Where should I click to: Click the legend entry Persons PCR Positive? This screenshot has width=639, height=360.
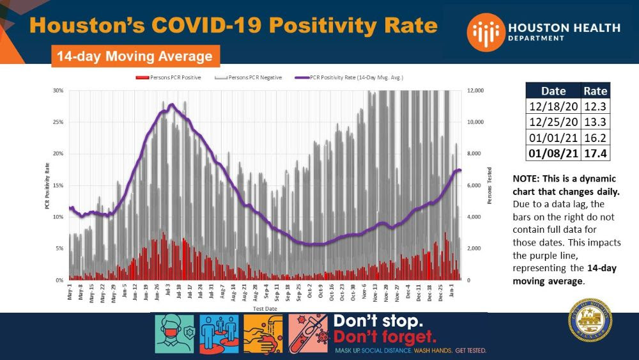pyautogui.click(x=173, y=77)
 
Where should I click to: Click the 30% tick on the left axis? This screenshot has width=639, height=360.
pyautogui.click(x=58, y=91)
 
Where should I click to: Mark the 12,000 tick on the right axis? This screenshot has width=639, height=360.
pyautogui.click(x=477, y=91)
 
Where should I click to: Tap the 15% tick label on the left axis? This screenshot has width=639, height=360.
pyautogui.click(x=58, y=185)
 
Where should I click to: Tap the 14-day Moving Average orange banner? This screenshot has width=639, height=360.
pyautogui.click(x=135, y=56)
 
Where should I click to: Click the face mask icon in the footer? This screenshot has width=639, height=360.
pyautogui.click(x=173, y=334)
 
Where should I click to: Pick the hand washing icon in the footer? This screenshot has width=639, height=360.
pyautogui.click(x=263, y=334)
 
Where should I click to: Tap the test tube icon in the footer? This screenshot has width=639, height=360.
pyautogui.click(x=307, y=334)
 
